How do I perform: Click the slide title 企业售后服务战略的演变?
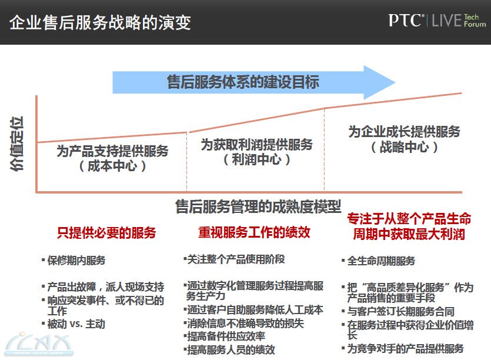[x=100, y=22]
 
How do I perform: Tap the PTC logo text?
[x=406, y=21]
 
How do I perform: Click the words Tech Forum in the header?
[x=475, y=21]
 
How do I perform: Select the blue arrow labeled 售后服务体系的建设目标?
[x=253, y=82]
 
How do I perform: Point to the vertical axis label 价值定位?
[x=17, y=144]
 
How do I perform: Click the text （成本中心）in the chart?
[x=112, y=166]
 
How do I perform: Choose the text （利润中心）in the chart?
[x=257, y=159]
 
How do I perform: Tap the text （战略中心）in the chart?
[x=404, y=146]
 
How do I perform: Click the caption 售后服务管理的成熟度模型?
[x=258, y=206]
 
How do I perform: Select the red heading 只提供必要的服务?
[x=106, y=233]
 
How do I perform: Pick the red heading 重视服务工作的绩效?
[x=254, y=232]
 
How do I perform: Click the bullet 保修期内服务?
[x=74, y=261]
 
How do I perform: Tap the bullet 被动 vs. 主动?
[x=74, y=324]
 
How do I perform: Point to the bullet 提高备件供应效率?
[x=225, y=336]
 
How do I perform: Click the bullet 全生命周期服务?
[x=378, y=261]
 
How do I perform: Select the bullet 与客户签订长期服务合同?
[x=398, y=311]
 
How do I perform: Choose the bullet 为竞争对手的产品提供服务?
[x=403, y=348]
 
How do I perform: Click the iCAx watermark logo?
[x=39, y=344]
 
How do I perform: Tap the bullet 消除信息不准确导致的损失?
[x=244, y=323]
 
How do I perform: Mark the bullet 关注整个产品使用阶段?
[x=234, y=259]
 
